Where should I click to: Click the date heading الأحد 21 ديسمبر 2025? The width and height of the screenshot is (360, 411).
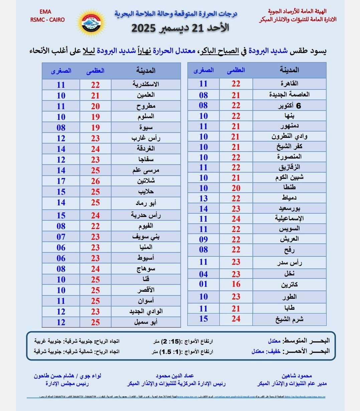180,28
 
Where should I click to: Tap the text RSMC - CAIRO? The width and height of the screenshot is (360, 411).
47,20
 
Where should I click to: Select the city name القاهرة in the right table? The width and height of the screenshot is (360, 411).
289,83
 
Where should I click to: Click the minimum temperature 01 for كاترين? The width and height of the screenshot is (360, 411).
203,284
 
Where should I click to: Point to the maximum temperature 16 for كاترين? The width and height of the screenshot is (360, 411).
236,284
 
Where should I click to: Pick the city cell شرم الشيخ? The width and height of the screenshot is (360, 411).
289,319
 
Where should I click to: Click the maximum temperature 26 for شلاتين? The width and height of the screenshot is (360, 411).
96,181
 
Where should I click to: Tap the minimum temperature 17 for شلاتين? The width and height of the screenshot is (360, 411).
61,181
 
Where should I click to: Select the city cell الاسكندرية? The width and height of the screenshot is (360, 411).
146,84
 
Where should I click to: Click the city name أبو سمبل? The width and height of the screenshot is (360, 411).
146,322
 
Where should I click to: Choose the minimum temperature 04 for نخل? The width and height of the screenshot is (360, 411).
203,274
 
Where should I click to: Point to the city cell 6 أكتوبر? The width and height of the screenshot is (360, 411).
289,106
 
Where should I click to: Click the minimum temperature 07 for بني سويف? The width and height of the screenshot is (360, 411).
61,237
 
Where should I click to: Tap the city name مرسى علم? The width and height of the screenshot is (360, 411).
146,170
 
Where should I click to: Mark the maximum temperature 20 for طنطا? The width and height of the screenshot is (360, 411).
236,188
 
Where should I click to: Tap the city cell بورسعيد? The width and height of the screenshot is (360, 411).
289,209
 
